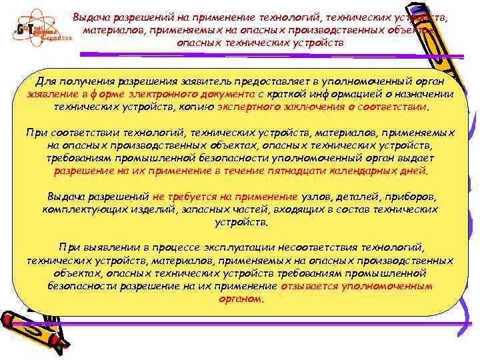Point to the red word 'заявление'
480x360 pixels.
50,94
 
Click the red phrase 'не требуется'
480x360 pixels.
179,197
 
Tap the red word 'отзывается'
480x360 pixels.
310,286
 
